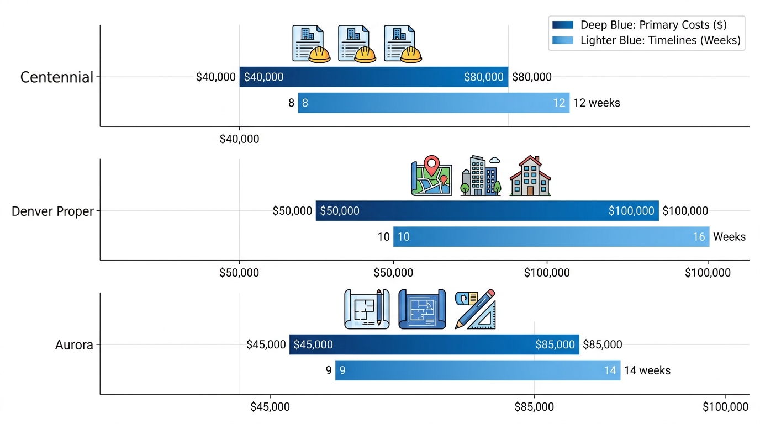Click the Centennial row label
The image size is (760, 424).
pos(57,77)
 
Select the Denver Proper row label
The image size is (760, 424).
pos(53,211)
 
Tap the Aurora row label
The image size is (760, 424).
pos(74,346)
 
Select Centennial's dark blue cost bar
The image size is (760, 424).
pos(373,77)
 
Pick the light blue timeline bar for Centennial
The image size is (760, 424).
pos(434,103)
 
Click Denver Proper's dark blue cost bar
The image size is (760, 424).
pos(487,211)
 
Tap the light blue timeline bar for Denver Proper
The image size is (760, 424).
pos(551,237)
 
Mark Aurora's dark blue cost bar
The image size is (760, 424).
pos(434,344)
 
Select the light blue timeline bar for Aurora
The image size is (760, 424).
pos(477,370)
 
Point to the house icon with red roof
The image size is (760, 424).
pos(530,176)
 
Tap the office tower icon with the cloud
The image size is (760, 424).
pos(481,176)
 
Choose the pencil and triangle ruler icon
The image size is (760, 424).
pos(475,310)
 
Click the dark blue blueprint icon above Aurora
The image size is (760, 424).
pos(422,310)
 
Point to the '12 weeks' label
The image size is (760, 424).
pos(597,103)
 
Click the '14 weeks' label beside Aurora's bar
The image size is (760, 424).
pos(647,370)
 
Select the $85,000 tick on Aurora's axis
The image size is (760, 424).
pos(534,407)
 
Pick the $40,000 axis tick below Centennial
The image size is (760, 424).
pos(239,139)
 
